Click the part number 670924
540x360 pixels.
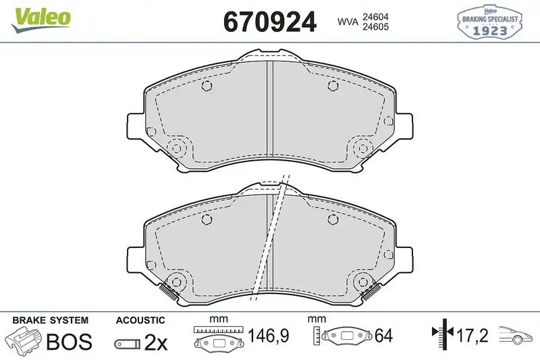pyautogui.click(x=270, y=22)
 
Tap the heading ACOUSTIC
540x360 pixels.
pyautogui.click(x=140, y=319)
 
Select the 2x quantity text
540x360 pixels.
pyautogui.click(x=157, y=342)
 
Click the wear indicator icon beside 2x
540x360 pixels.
pyautogui.click(x=127, y=343)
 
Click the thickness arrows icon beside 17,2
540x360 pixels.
pyautogui.click(x=441, y=334)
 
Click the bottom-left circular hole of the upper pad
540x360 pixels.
pyautogui.click(x=178, y=149)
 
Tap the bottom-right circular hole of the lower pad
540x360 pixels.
pyautogui.click(x=360, y=282)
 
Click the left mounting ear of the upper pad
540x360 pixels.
pyautogui.click(x=135, y=126)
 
